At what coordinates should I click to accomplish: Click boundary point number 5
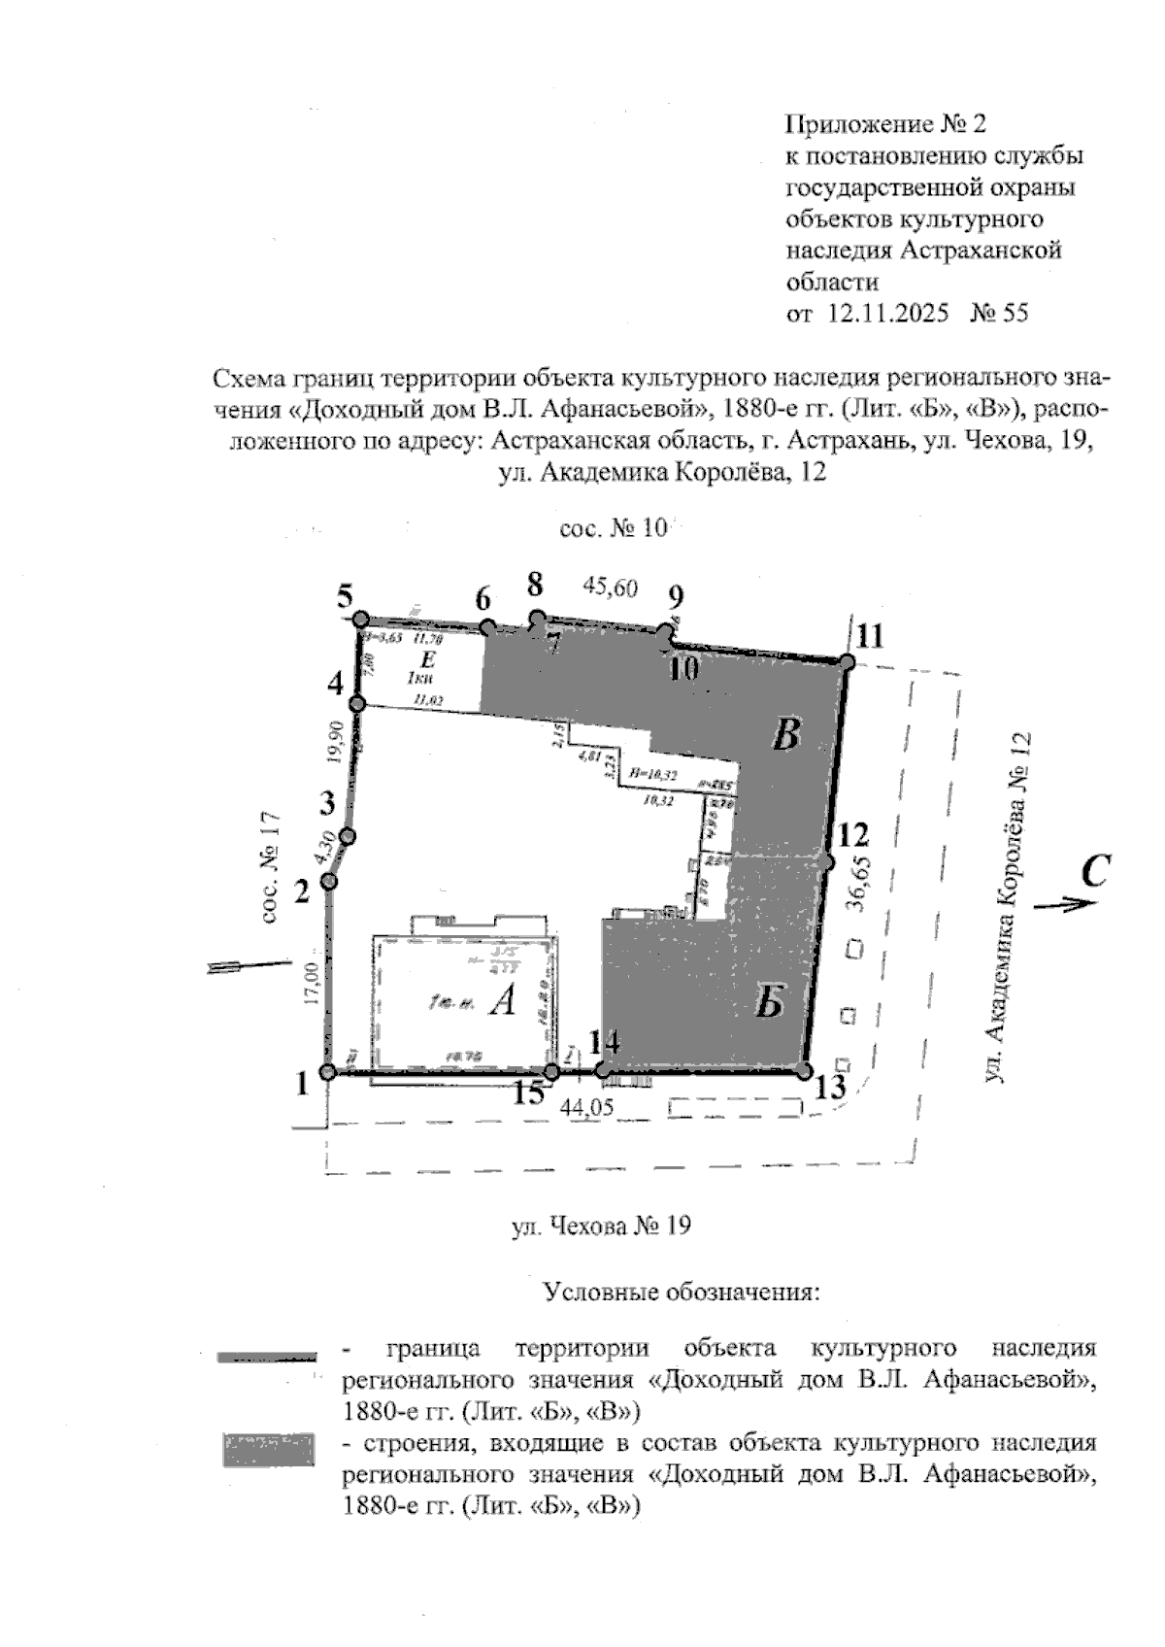360,619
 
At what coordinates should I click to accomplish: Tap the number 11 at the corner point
871,636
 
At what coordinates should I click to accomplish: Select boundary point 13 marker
803,1070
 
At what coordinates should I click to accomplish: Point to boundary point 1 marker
328,1072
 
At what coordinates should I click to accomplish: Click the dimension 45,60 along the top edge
610,587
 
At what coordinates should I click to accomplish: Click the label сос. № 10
614,528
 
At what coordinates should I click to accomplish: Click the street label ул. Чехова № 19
601,1226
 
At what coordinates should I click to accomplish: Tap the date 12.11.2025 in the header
887,314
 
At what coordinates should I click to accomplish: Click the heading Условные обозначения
682,1293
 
